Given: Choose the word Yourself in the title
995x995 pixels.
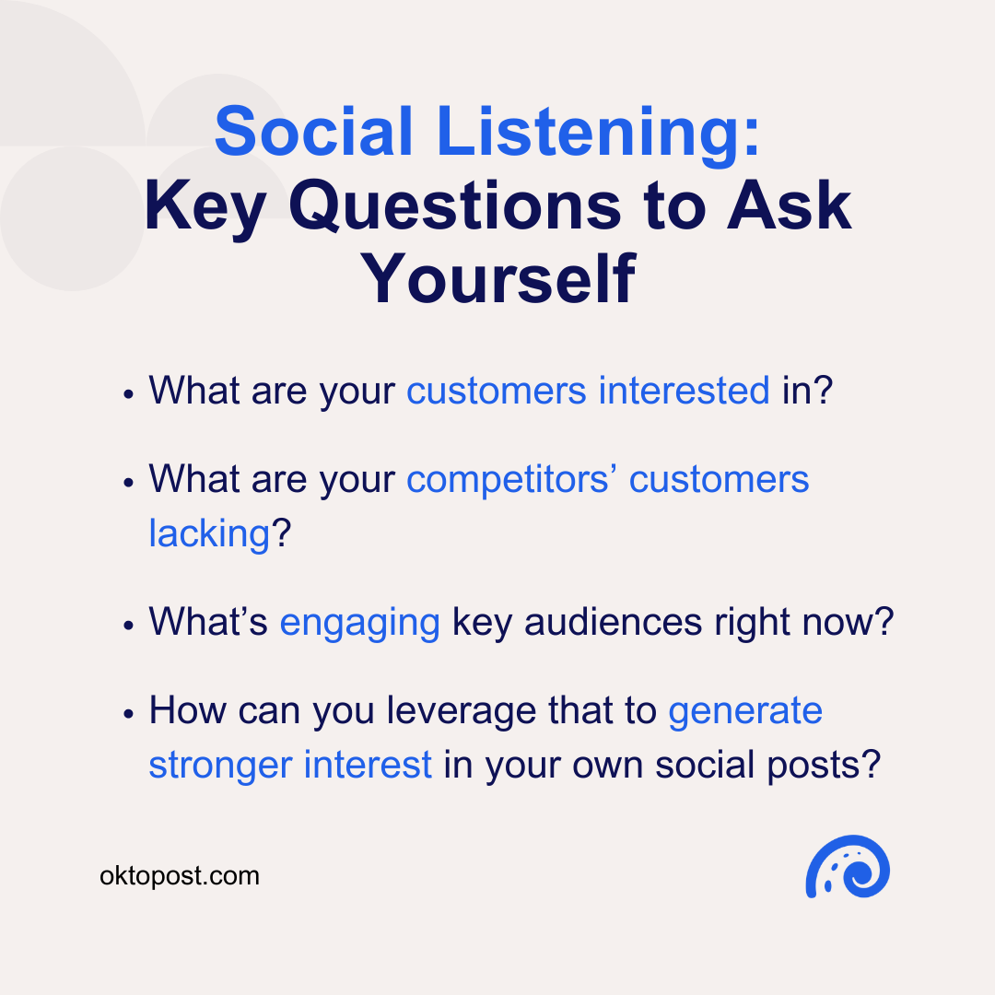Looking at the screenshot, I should (497, 278).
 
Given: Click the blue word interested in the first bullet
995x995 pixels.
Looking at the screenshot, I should (684, 391).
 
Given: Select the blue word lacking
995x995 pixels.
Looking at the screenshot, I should (208, 533).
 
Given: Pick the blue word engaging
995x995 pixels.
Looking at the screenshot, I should (359, 622).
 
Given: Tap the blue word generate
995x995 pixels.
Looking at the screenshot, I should (745, 710).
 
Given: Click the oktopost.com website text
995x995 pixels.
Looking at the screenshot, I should (180, 875).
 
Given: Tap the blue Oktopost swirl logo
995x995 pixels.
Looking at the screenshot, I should (847, 867).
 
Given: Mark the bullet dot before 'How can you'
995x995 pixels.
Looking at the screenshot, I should (130, 714).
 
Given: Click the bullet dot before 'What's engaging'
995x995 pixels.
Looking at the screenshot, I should (130, 626).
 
